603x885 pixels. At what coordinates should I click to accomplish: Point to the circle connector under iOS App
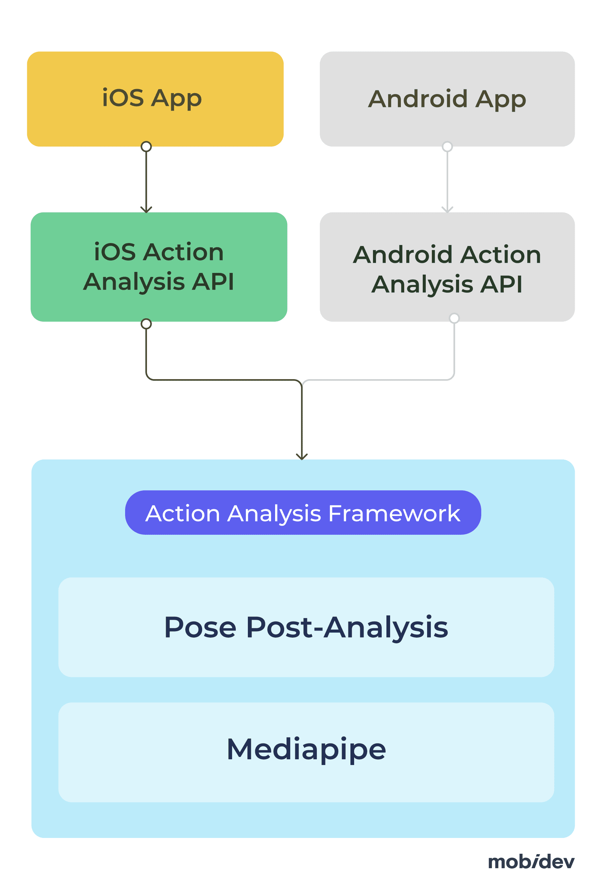point(146,147)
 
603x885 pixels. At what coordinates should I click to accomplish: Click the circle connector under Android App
point(447,147)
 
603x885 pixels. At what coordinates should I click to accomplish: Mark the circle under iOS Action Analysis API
point(146,324)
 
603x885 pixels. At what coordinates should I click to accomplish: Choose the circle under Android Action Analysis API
point(454,318)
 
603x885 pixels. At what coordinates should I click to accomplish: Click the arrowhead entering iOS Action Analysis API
point(146,210)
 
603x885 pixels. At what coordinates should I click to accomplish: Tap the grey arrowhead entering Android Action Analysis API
point(447,210)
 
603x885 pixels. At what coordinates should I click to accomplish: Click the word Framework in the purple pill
point(394,513)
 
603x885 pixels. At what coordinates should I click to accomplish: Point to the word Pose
point(200,627)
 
